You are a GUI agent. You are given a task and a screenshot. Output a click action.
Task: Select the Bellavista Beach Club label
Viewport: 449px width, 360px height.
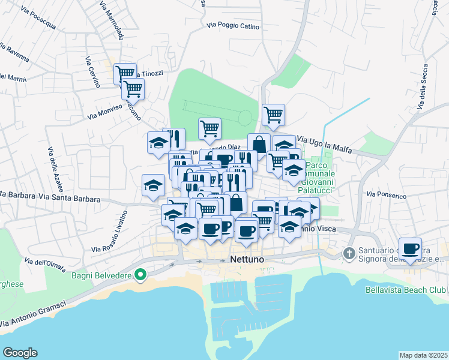[405, 290]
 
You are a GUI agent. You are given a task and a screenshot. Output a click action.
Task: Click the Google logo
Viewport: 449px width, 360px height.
[20, 353]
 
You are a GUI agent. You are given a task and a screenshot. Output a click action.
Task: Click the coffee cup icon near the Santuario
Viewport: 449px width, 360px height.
[411, 248]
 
